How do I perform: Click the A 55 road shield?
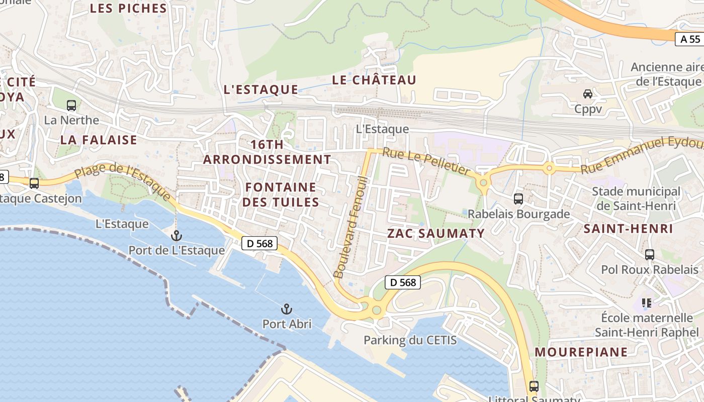(690, 39)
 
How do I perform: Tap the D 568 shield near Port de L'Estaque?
(260, 244)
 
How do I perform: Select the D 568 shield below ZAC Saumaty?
(403, 282)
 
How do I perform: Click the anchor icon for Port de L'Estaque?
(176, 235)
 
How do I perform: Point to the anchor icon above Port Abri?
(286, 309)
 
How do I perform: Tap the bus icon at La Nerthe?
(71, 106)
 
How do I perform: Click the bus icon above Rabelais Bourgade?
(518, 199)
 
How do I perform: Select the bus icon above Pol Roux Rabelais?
(650, 255)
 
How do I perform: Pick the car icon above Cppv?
(587, 94)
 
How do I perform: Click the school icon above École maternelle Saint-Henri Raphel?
(647, 303)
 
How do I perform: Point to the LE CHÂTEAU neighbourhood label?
(374, 80)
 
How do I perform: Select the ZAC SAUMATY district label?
(436, 233)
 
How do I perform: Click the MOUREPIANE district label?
(581, 352)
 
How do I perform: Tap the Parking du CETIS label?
(410, 340)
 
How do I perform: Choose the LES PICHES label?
(128, 8)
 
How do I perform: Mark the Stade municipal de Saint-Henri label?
(636, 198)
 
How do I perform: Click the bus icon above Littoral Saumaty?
(534, 386)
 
